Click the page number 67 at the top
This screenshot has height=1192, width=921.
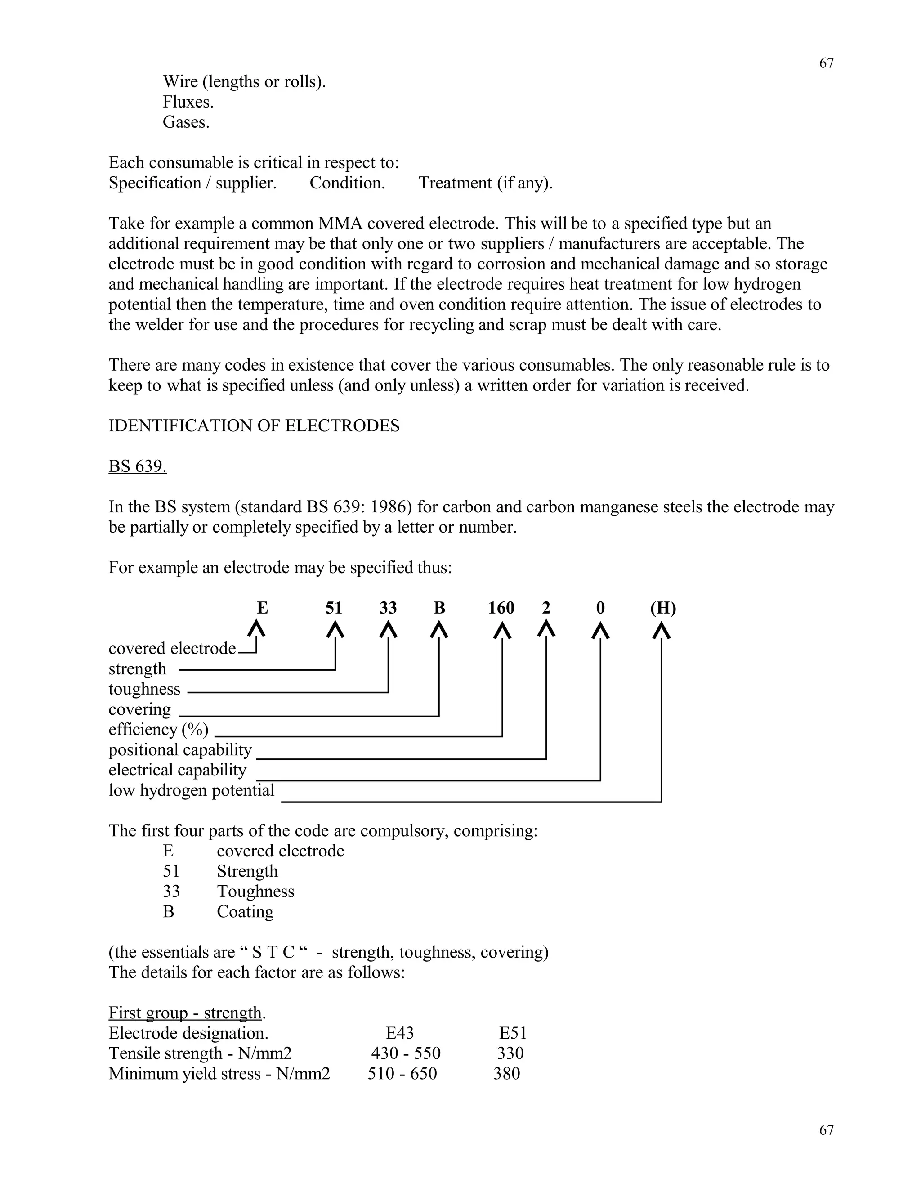826,63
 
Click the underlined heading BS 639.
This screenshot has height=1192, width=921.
138,466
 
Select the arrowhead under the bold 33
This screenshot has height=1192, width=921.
388,630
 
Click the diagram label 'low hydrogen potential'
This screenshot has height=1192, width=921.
191,790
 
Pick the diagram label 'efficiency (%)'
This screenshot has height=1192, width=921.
158,729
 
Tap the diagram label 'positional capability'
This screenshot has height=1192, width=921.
180,749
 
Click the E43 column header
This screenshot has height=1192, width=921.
399,1033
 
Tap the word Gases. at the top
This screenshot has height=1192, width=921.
186,122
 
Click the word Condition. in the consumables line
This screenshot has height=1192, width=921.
347,183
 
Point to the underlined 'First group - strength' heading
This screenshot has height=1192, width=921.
186,1013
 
